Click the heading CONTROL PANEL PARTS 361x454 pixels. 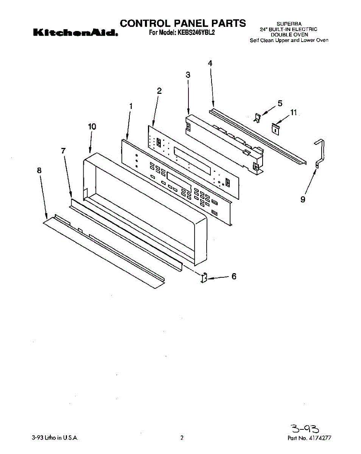tap(183, 23)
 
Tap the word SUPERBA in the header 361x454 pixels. tap(289, 24)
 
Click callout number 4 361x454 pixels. tap(210, 63)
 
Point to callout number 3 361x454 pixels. tap(188, 75)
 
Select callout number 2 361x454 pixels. tap(159, 91)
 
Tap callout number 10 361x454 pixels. tap(92, 127)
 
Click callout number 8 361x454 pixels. tap(39, 170)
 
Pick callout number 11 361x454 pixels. tap(294, 112)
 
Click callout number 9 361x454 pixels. tap(303, 199)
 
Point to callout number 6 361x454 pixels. tap(234, 277)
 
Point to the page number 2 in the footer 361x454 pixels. tap(182, 438)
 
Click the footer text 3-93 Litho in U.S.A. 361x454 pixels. tap(55, 438)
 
